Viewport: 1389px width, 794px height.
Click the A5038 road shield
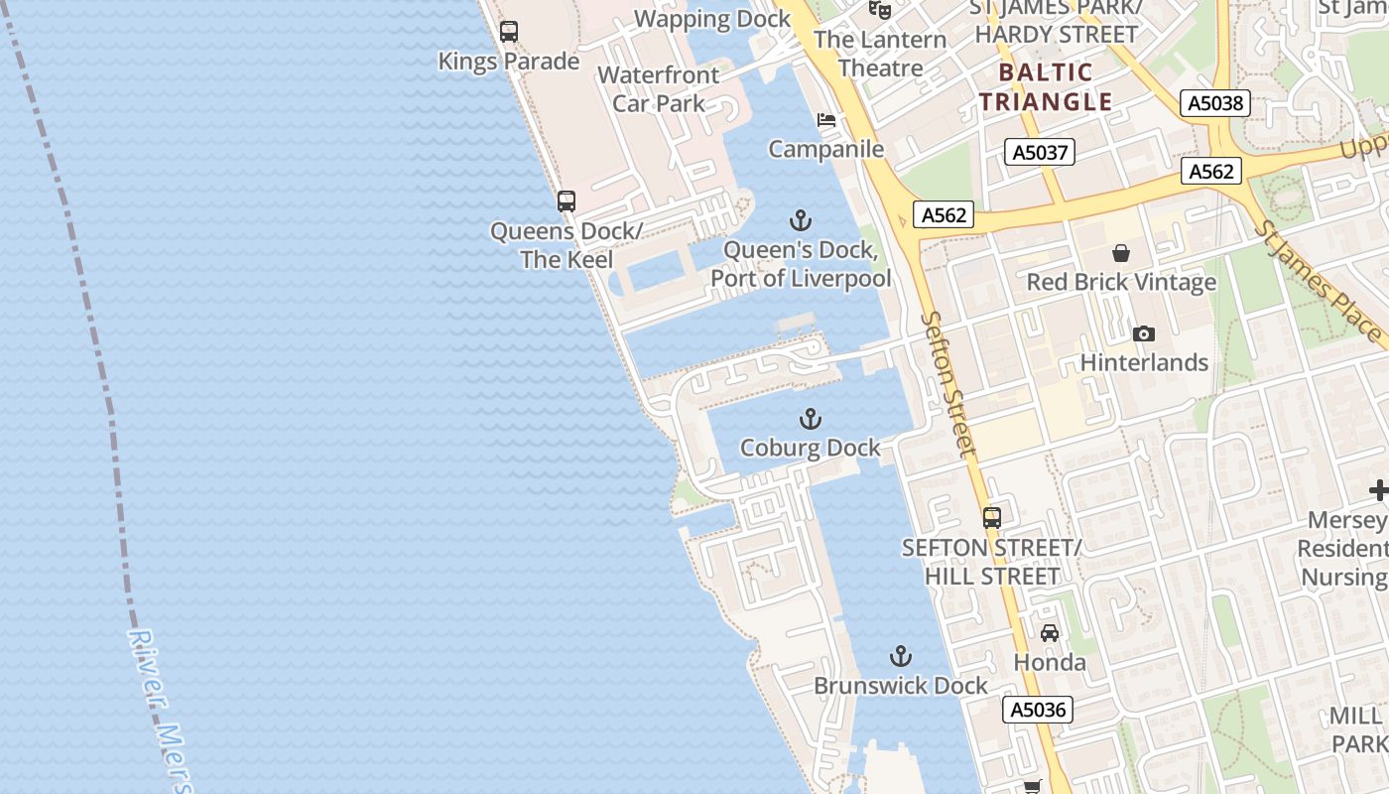point(1215,103)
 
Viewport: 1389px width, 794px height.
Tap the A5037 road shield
point(1039,152)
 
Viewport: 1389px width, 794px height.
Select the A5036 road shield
point(1038,710)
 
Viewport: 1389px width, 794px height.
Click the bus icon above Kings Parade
point(509,32)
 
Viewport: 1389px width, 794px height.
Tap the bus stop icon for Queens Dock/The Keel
point(567,201)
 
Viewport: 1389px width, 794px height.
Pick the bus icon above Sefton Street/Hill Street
point(992,517)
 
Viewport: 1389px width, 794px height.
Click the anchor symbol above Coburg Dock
point(811,419)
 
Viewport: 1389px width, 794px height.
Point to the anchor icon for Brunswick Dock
point(901,656)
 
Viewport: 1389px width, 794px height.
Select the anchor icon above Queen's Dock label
point(801,220)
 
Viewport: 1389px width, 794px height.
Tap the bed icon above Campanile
point(826,120)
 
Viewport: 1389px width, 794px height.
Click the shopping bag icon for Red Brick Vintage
point(1121,253)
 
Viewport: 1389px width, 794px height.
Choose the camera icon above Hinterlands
point(1144,333)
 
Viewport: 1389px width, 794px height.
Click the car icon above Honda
point(1050,632)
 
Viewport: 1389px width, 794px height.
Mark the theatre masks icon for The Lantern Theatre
point(879,10)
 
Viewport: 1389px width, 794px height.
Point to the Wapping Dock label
point(712,19)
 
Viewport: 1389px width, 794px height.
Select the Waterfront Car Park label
point(659,88)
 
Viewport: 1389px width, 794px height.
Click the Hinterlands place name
point(1144,362)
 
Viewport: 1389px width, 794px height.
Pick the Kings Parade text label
point(509,62)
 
